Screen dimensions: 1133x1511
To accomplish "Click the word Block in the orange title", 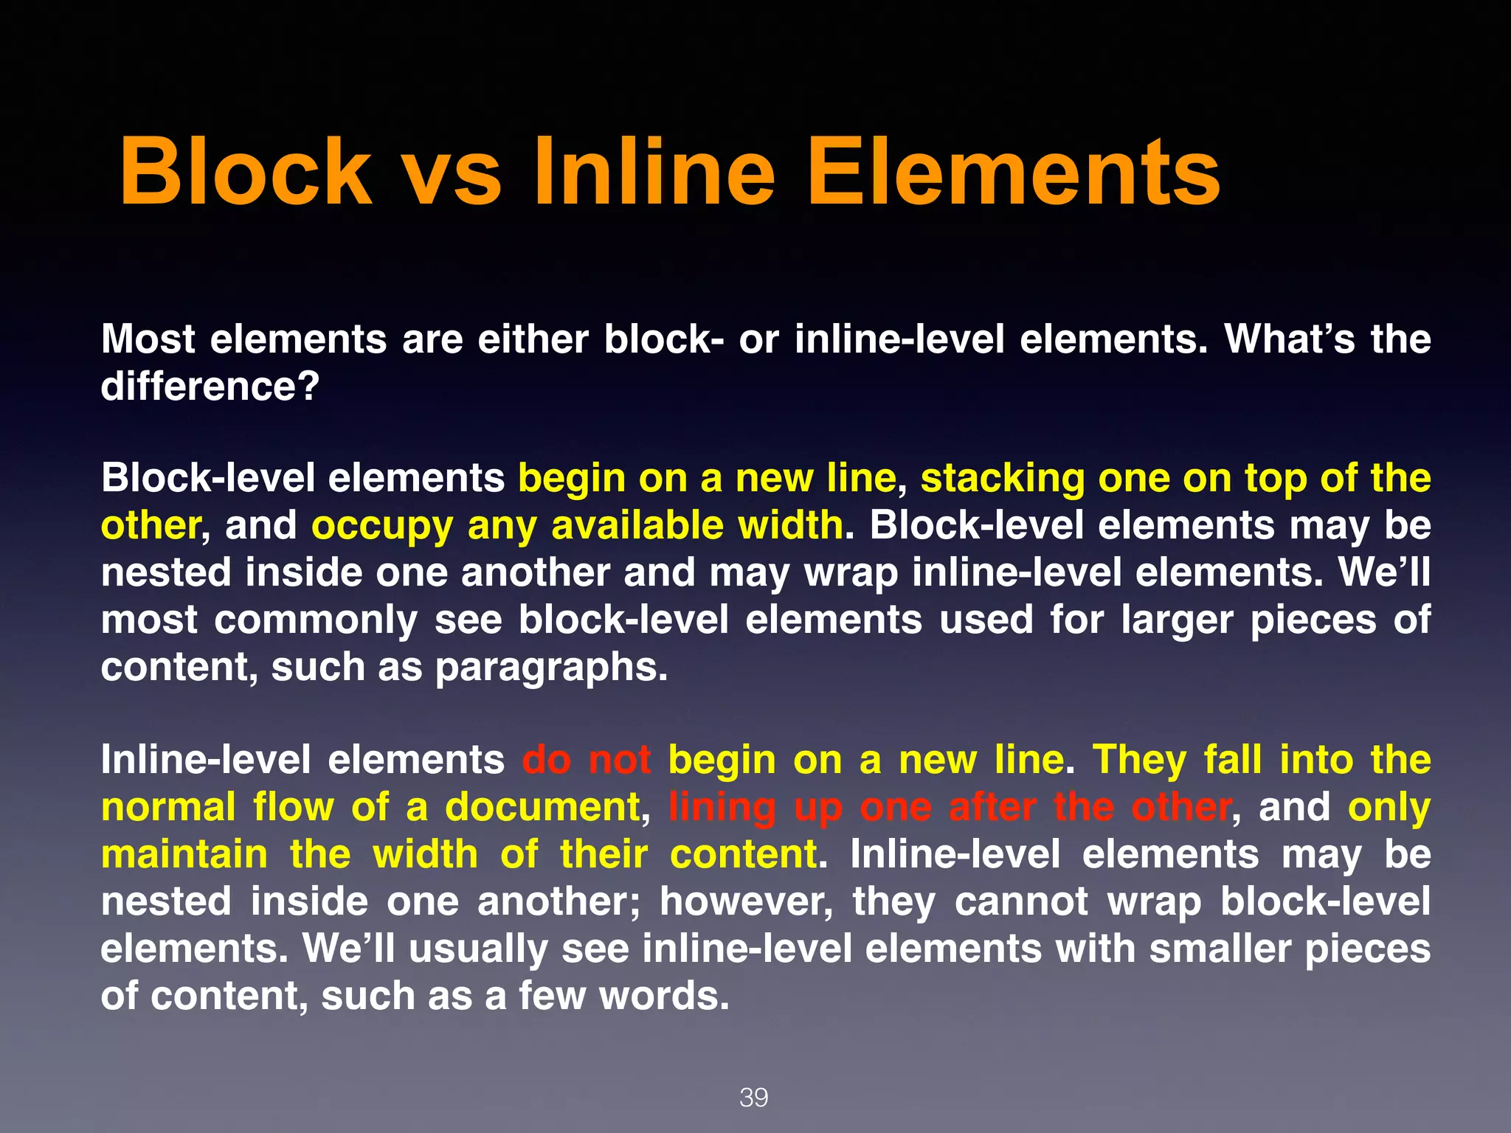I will point(246,172).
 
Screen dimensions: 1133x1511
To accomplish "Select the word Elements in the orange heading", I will point(1014,172).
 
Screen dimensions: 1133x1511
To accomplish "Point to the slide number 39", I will point(753,1098).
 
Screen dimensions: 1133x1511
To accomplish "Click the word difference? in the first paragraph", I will point(210,386).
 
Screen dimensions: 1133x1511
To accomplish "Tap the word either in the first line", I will point(533,339).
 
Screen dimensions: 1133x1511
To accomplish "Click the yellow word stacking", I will point(1002,479).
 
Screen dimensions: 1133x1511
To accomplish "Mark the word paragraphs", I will point(551,668).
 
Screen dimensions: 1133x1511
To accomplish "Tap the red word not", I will point(620,760).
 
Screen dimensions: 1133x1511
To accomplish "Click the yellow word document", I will point(542,807).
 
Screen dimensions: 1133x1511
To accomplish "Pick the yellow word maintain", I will point(184,854).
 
